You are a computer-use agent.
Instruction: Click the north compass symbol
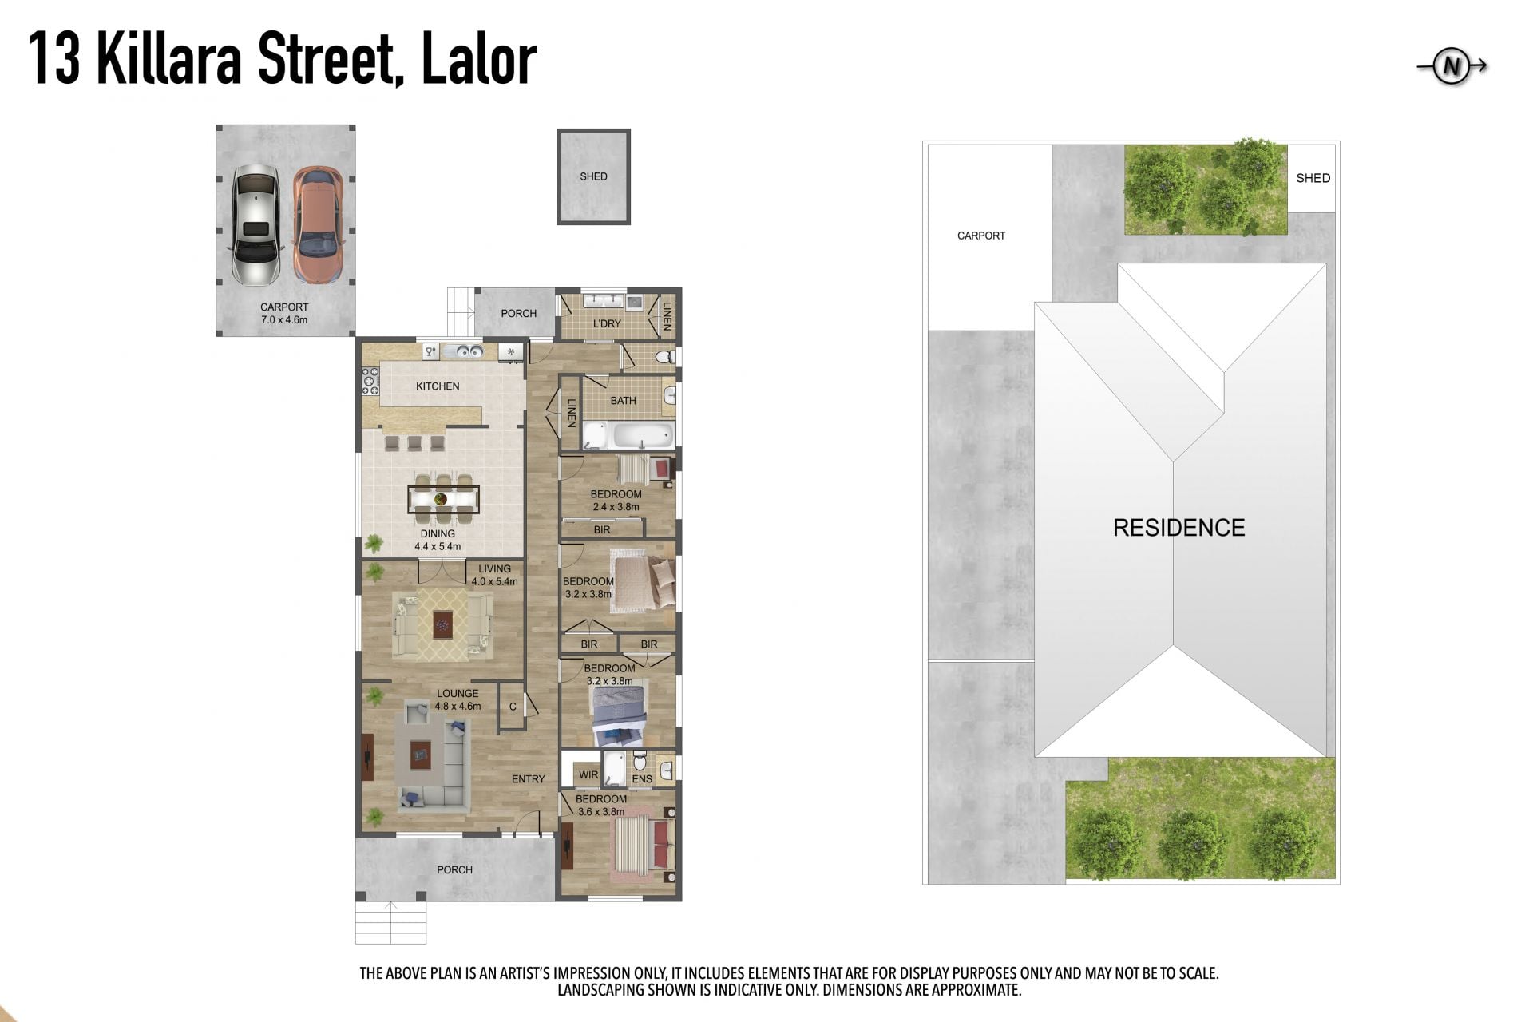pyautogui.click(x=1452, y=66)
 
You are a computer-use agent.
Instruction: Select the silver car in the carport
pyautogui.click(x=255, y=224)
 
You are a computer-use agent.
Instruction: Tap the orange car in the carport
pyautogui.click(x=317, y=224)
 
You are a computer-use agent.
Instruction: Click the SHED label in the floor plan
pyautogui.click(x=593, y=176)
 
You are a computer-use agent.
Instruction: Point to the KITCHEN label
pyautogui.click(x=438, y=386)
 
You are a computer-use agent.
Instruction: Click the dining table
pyautogui.click(x=443, y=499)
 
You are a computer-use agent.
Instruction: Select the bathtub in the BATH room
pyautogui.click(x=641, y=435)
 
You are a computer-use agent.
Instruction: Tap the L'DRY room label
pyautogui.click(x=607, y=323)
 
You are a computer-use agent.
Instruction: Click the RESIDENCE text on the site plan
pyautogui.click(x=1178, y=528)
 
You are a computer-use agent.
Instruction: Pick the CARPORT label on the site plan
pyautogui.click(x=981, y=236)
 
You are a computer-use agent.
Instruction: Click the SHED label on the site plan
pyautogui.click(x=1313, y=178)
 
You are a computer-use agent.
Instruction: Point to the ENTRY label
pyautogui.click(x=528, y=779)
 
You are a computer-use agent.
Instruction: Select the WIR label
pyautogui.click(x=588, y=774)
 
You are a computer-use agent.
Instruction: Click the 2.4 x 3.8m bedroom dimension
pyautogui.click(x=616, y=507)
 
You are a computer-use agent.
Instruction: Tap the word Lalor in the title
pyautogui.click(x=478, y=59)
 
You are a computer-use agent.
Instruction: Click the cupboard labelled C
pyautogui.click(x=513, y=707)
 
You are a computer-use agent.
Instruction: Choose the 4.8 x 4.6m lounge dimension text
pyautogui.click(x=458, y=707)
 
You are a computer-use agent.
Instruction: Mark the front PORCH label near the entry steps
pyautogui.click(x=454, y=870)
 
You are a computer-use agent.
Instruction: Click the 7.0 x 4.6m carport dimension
pyautogui.click(x=284, y=320)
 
